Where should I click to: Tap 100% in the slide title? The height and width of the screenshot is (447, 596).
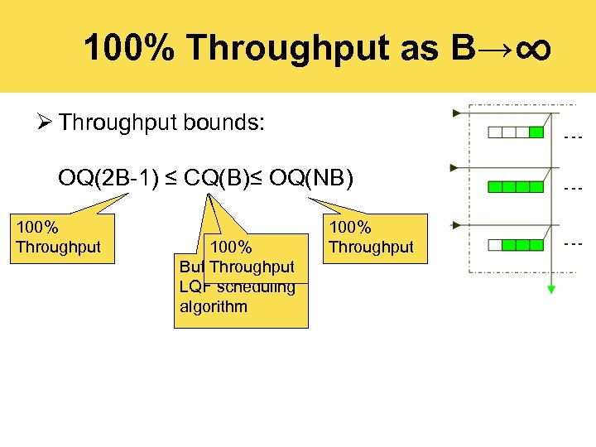click(129, 49)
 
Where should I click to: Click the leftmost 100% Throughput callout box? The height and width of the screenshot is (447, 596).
click(59, 238)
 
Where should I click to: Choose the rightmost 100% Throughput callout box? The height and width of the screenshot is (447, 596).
click(371, 238)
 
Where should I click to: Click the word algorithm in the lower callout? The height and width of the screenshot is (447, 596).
click(213, 307)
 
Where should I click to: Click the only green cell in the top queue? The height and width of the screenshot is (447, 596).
click(536, 132)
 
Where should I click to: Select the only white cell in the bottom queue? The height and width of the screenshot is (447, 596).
click(495, 244)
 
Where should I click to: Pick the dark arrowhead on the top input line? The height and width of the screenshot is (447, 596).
click(454, 112)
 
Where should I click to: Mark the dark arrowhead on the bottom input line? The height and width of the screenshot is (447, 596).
click(454, 223)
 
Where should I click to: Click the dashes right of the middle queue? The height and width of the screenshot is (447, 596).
click(573, 190)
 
